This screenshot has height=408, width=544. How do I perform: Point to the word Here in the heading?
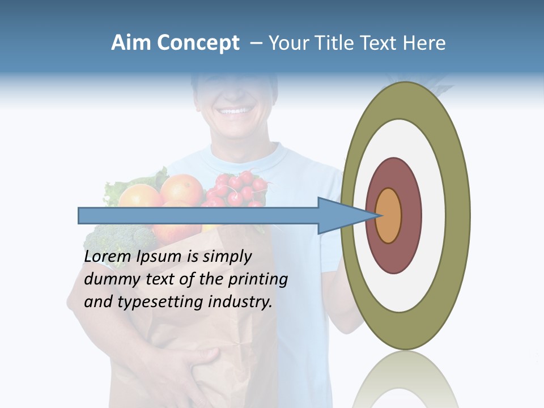point(424,43)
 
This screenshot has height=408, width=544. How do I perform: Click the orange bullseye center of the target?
point(389,216)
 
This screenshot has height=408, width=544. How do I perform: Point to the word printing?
point(257,280)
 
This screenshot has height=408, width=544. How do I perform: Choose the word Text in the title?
point(380,43)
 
